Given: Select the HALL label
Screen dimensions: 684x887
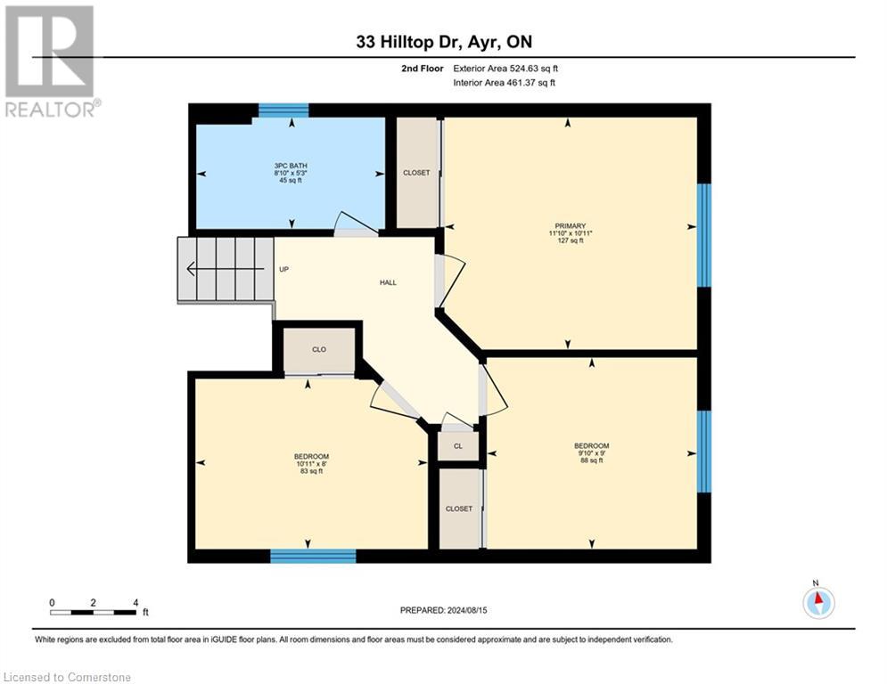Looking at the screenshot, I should pyautogui.click(x=388, y=282).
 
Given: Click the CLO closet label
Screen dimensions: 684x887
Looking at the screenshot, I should pyautogui.click(x=318, y=350).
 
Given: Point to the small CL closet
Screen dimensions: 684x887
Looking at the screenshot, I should pyautogui.click(x=457, y=446).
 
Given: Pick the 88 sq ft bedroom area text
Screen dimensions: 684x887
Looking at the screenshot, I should pyautogui.click(x=591, y=460).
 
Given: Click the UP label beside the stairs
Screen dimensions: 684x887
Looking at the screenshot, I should pyautogui.click(x=283, y=269).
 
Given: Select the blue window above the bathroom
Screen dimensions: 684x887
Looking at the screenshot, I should pyautogui.click(x=283, y=111).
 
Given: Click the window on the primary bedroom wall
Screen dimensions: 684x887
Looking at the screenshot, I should pyautogui.click(x=703, y=235).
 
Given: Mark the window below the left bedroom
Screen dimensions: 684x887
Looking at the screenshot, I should pyautogui.click(x=313, y=556).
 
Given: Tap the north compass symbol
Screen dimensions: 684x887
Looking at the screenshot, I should pyautogui.click(x=817, y=601).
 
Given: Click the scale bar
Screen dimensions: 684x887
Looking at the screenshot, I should pyautogui.click(x=93, y=612).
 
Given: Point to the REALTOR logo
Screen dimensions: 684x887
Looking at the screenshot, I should pyautogui.click(x=50, y=61).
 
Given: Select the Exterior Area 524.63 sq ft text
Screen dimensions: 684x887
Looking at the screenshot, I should pyautogui.click(x=505, y=68).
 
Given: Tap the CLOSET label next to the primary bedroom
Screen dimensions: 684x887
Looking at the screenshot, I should pyautogui.click(x=416, y=173).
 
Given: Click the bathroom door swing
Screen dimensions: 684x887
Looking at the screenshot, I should pyautogui.click(x=350, y=223).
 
